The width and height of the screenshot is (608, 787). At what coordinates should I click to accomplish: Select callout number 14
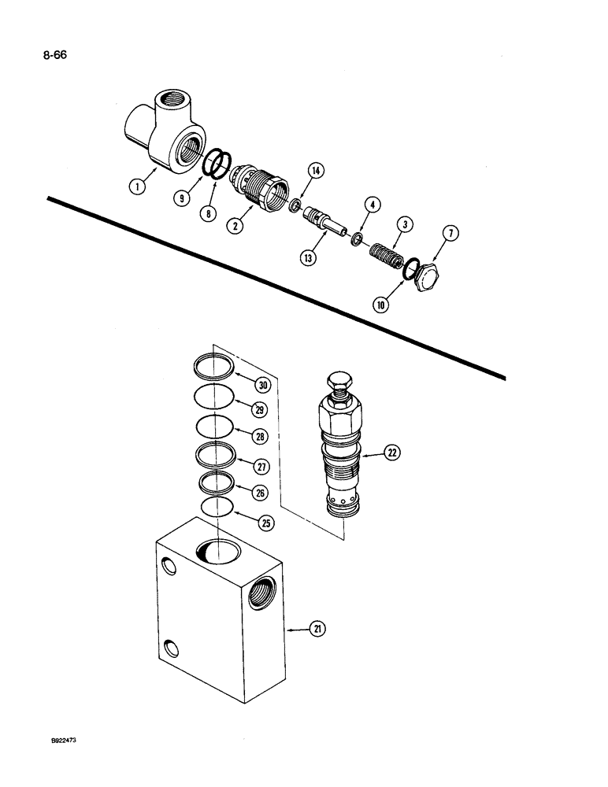(x=317, y=171)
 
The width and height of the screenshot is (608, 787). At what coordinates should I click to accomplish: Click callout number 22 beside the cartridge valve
(x=391, y=452)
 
